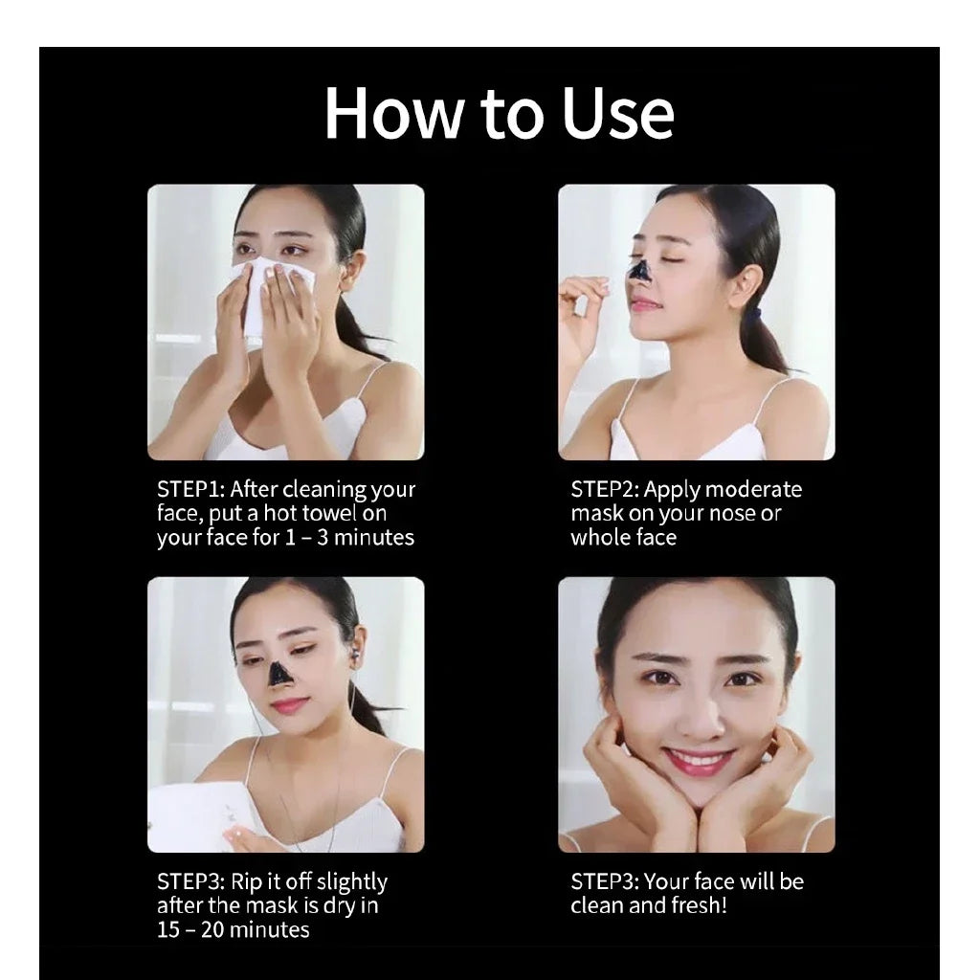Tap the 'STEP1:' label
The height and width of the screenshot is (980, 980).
(190, 490)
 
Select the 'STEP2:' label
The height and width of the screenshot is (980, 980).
(605, 490)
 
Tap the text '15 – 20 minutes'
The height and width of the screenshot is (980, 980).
(234, 929)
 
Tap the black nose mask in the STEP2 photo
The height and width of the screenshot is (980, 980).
(639, 271)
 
